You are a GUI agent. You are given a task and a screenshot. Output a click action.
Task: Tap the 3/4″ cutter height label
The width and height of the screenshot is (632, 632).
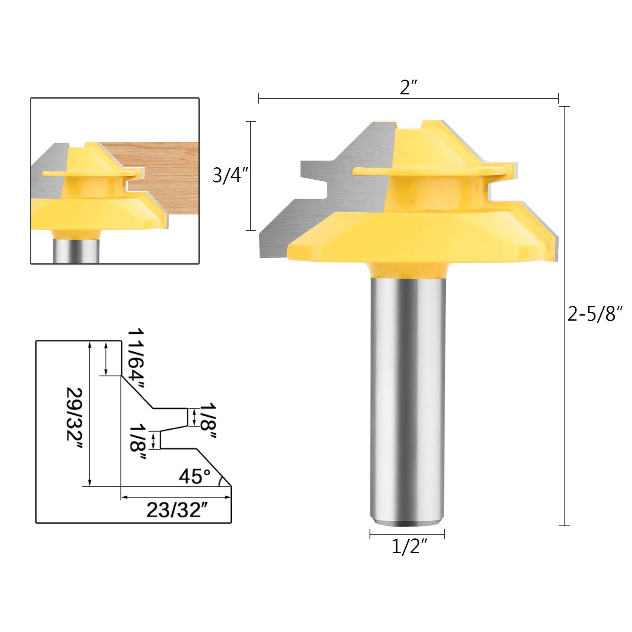click(228, 175)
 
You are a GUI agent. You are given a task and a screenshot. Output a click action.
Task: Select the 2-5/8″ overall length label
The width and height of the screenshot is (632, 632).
click(595, 314)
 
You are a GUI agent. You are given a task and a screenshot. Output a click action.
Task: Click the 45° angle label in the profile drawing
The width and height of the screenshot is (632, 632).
click(194, 476)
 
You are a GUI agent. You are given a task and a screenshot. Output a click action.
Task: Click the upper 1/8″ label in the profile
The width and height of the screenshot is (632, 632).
click(207, 421)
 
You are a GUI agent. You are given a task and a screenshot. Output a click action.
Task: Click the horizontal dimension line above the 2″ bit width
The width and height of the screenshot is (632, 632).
click(408, 99)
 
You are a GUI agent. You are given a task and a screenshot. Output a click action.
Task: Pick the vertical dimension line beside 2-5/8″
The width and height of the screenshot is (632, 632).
click(564, 316)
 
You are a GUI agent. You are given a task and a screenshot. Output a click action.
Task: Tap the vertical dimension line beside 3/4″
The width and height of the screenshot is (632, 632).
click(251, 176)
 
